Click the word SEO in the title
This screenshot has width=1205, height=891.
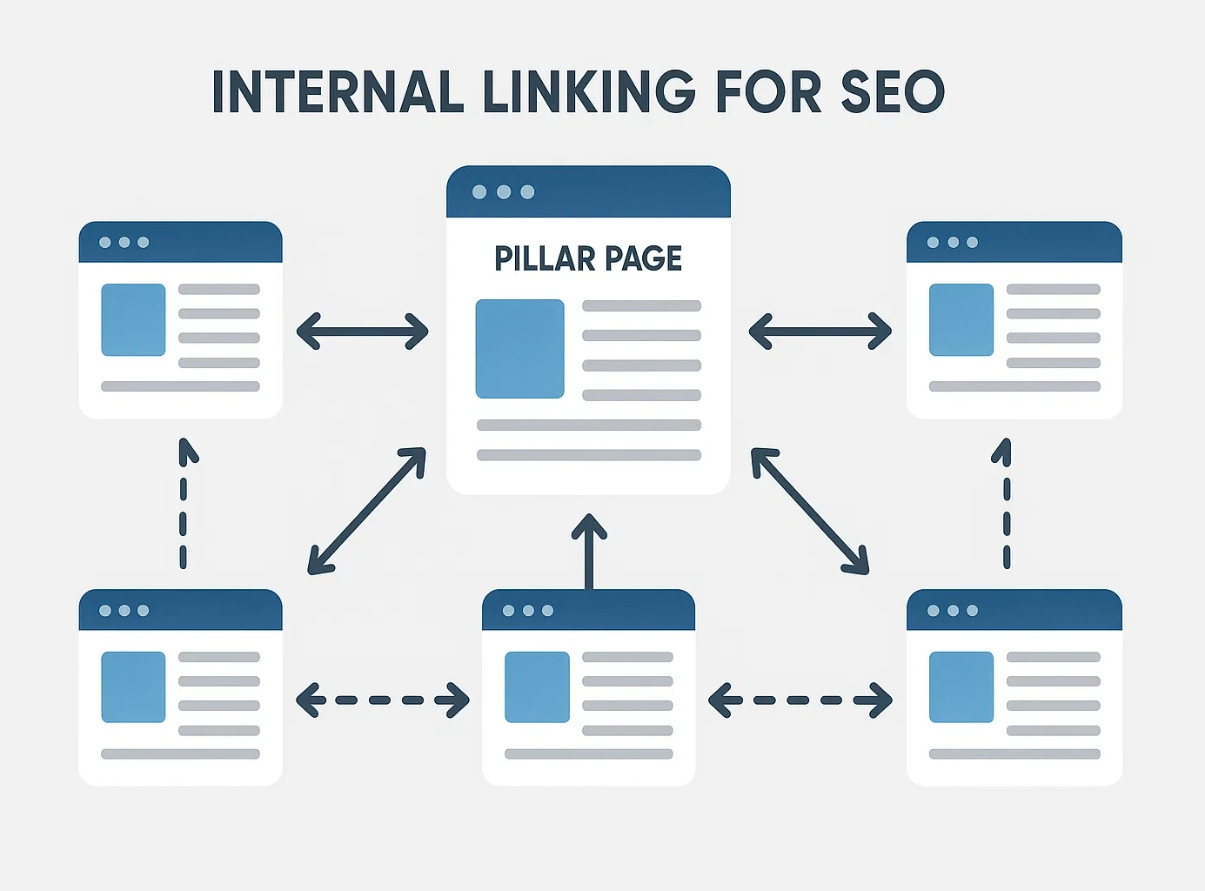coord(893,91)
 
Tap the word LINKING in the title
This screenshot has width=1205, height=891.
coord(589,91)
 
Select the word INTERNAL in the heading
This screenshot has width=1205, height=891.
coord(338,91)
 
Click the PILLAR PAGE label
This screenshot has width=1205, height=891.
coord(588,258)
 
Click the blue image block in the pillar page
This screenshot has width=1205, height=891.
coord(519,349)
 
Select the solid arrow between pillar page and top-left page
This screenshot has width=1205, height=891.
coord(363,332)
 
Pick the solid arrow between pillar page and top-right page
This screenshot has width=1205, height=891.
coord(820,332)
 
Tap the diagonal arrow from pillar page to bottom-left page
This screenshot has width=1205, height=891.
coord(366,511)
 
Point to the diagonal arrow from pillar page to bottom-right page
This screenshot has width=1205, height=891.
coord(810,511)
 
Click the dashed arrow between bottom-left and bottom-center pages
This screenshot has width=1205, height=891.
coord(383,700)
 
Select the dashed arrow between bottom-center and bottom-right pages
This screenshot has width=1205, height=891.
coord(800,700)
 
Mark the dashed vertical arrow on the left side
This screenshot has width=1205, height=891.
coord(184,505)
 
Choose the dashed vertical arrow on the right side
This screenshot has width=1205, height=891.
coord(1006,505)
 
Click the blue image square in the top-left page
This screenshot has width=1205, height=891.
coord(133,319)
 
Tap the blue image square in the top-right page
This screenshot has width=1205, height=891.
coord(961,319)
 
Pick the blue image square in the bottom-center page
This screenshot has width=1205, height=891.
coord(537,687)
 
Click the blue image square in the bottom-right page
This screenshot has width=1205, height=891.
coord(961,687)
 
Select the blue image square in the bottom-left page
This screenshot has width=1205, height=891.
coord(133,687)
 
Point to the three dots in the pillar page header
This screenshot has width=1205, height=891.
coord(503,192)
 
